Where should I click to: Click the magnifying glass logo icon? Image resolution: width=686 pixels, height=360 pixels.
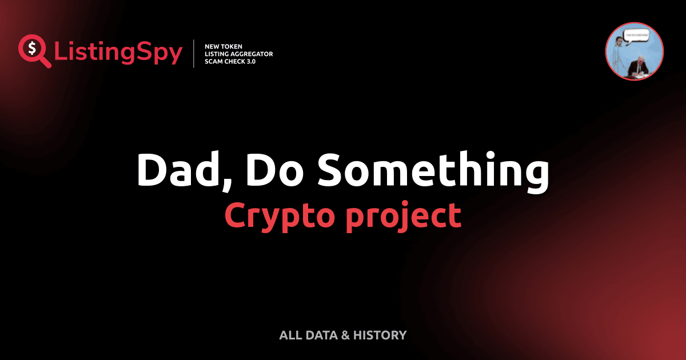(33, 51)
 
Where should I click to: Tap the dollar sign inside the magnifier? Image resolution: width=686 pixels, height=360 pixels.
(31, 48)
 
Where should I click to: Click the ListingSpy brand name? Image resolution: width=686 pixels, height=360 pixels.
(118, 53)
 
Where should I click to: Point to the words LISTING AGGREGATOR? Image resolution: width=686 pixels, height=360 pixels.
(238, 54)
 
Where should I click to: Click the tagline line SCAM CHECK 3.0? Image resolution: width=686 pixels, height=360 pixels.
(230, 62)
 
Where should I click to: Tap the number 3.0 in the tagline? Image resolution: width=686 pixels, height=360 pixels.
(250, 62)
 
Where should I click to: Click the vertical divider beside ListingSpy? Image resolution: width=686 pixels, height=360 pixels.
(194, 54)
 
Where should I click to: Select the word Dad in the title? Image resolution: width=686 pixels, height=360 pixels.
(170, 170)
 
